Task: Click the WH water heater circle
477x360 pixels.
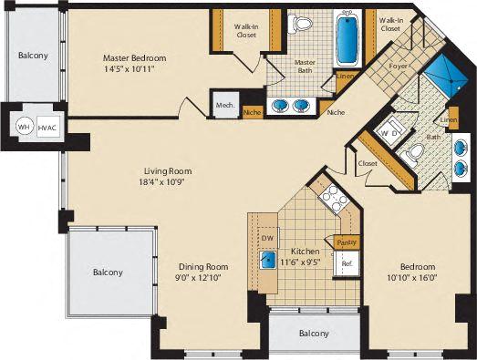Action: point(24,127)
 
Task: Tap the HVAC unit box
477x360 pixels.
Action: point(47,128)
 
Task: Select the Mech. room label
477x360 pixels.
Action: point(225,105)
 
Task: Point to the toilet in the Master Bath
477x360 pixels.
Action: point(300,24)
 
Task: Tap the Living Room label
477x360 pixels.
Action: point(168,170)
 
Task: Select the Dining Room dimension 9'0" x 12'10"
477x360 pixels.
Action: point(199,278)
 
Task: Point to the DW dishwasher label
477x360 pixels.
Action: point(267,238)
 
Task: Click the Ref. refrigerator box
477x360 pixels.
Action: point(347,263)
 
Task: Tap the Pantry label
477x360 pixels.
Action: point(347,242)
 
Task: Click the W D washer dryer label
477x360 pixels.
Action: point(389,133)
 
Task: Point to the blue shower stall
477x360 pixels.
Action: point(446,77)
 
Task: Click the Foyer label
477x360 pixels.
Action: point(399,66)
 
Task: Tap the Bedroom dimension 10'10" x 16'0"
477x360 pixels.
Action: point(412,277)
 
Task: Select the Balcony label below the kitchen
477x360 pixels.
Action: point(314,334)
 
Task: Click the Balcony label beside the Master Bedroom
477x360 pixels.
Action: point(33,56)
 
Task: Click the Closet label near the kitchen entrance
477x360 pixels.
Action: point(368,163)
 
